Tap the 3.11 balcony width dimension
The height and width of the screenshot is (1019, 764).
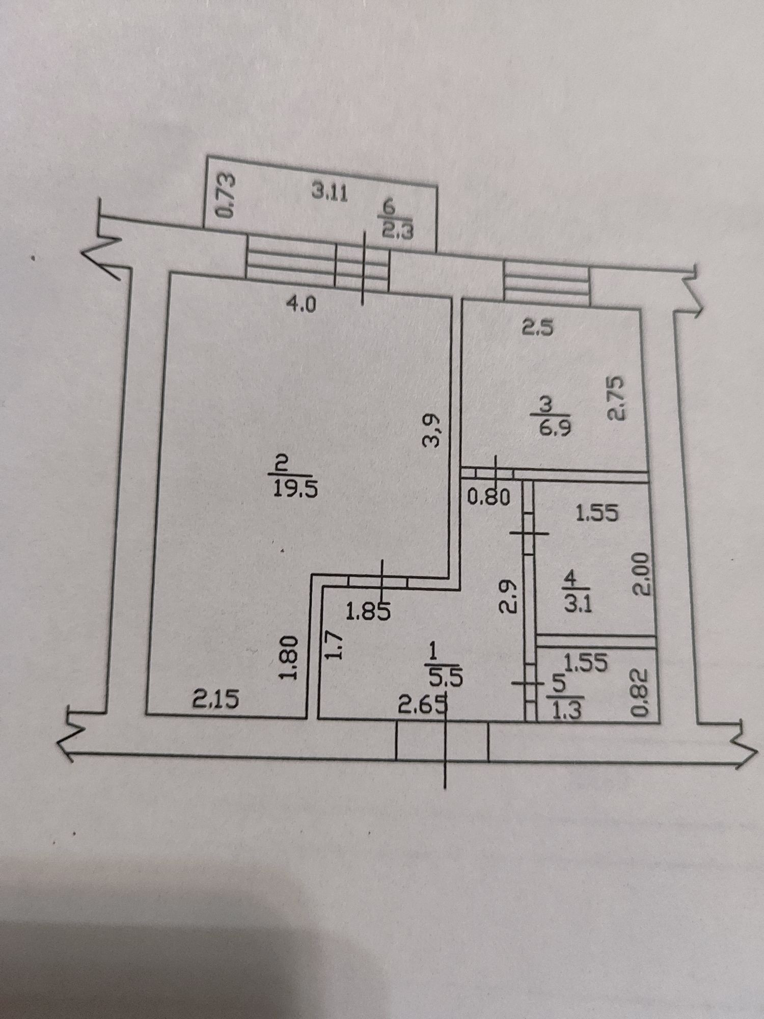330,193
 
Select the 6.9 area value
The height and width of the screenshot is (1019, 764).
552,426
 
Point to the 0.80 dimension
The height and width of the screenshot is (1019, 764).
488,497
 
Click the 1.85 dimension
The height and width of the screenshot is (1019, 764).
368,610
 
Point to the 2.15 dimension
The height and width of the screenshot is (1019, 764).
216,701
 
